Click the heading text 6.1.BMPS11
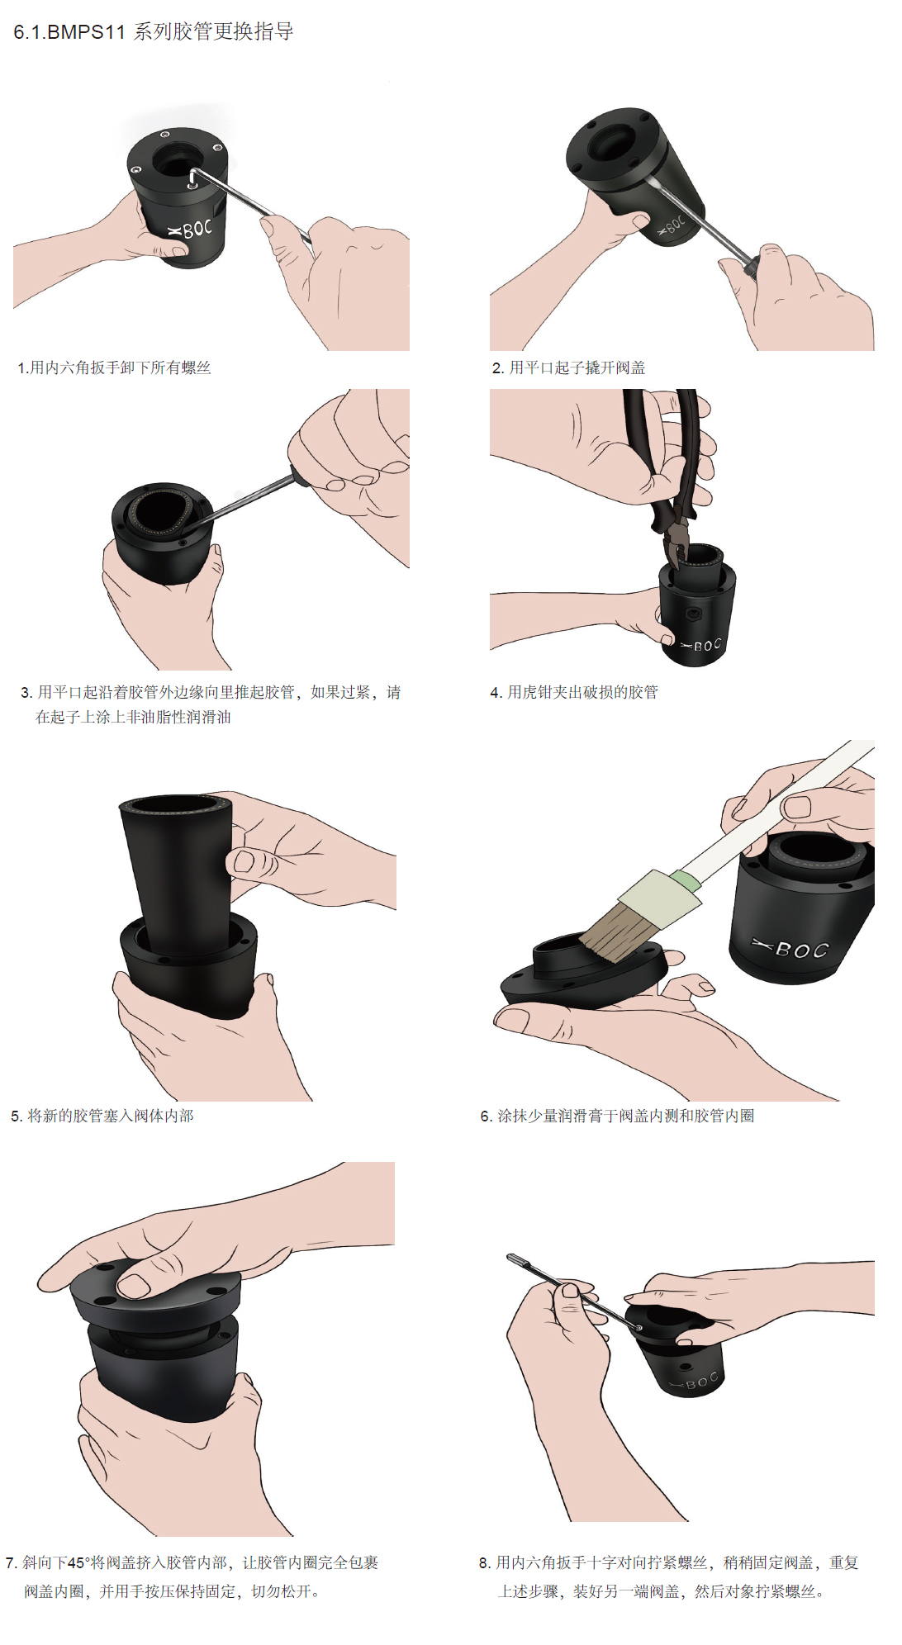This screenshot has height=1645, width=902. [x=69, y=32]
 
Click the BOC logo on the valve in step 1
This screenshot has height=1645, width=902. [x=191, y=229]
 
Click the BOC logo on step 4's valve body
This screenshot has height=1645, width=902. [x=702, y=645]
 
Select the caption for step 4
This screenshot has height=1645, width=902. [x=574, y=692]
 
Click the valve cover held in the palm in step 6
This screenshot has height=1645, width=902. [x=578, y=979]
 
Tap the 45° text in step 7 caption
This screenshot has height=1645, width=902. [x=76, y=1562]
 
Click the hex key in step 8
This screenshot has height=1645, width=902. [x=570, y=1292]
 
